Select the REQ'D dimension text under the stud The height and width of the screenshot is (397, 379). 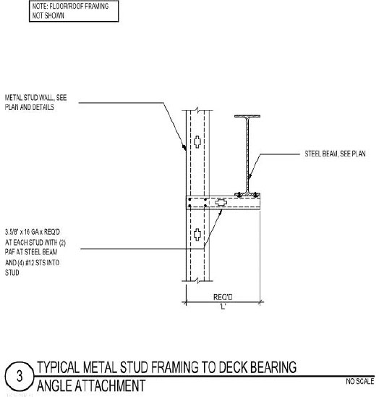click(221, 296)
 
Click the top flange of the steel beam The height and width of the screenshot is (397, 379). click(247, 117)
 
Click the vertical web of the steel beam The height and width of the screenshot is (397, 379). click(247, 152)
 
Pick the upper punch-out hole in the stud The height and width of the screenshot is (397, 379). click(197, 141)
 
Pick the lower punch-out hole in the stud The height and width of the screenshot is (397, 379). click(197, 234)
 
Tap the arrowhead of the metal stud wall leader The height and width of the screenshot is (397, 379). click(187, 148)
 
